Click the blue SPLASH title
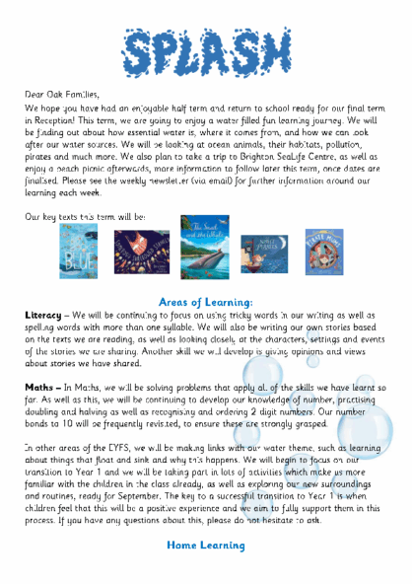click(206, 50)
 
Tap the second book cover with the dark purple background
click(142, 252)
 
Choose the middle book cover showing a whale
click(205, 248)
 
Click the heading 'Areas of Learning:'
click(206, 301)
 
